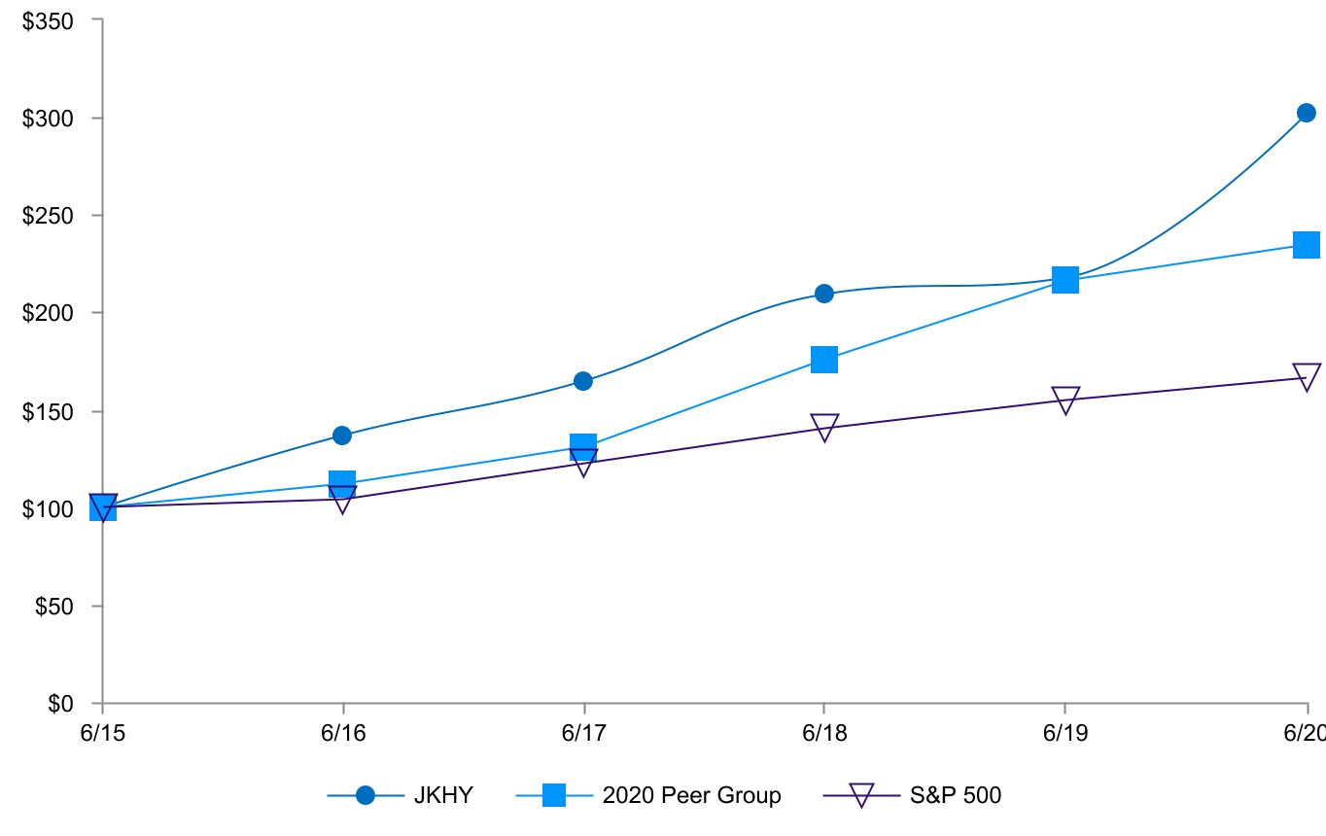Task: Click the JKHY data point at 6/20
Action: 1306,113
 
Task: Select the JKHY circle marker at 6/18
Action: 824,294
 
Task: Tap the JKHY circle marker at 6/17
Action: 583,381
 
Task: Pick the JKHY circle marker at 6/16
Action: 342,435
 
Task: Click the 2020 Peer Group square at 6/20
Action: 1306,244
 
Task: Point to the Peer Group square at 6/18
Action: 824,360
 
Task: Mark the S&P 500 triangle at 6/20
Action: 1307,376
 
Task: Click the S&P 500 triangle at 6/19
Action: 1065,400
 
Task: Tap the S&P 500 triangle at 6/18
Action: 824,427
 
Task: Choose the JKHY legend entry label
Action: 442,795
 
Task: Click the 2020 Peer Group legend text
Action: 691,795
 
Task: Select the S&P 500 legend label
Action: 955,795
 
